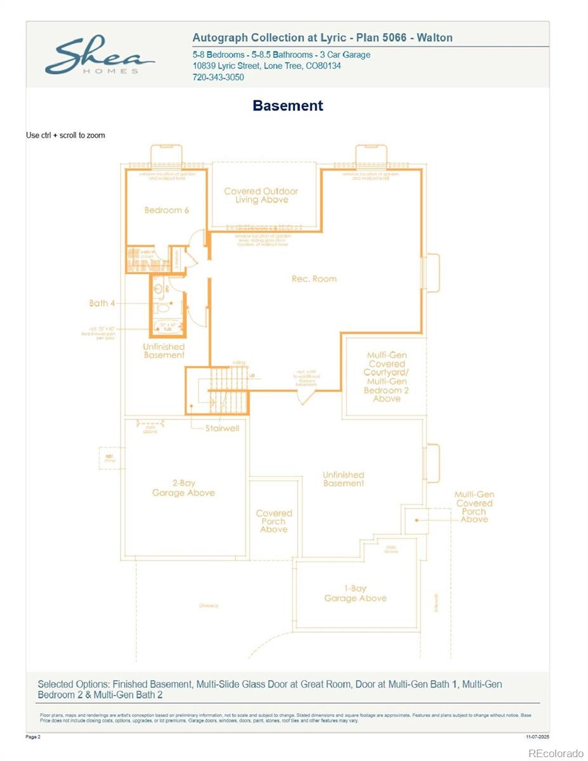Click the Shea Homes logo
(x=99, y=57)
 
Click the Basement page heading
(x=288, y=106)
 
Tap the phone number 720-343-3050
(x=218, y=77)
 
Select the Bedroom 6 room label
(x=167, y=210)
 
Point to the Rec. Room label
(x=314, y=278)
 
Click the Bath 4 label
(x=102, y=303)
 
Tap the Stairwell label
(x=222, y=428)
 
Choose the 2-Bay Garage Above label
(x=183, y=488)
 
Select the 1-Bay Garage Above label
(x=355, y=593)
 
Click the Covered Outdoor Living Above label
(x=261, y=195)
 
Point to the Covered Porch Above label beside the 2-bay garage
(x=274, y=521)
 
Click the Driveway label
(x=209, y=606)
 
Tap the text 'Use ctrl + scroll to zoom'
(x=65, y=135)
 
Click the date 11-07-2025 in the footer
(x=537, y=737)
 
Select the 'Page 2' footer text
(x=33, y=737)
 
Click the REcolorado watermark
(x=556, y=753)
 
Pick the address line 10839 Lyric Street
(x=266, y=66)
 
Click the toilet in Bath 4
(x=162, y=308)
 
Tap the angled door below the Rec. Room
(x=306, y=397)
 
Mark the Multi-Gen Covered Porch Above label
(x=474, y=507)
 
